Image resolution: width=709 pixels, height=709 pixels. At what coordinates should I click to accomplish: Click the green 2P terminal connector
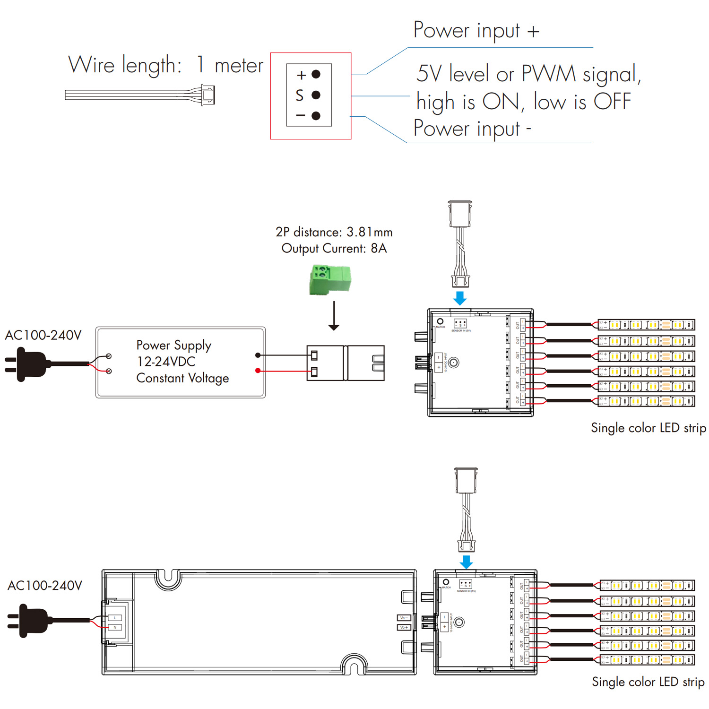pos(330,280)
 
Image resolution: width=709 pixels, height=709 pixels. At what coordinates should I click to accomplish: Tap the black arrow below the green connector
pos(334,316)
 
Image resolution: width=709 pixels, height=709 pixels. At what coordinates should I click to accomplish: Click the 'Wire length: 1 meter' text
pos(165,65)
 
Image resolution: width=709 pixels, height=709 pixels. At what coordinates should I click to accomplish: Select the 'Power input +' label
pos(476,31)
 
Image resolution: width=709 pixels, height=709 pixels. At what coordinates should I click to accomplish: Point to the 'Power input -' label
pos(472,129)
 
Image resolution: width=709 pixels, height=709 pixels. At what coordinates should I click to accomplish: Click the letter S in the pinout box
pos(300,95)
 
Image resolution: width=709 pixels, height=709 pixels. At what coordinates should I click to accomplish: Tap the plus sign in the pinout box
pos(301,75)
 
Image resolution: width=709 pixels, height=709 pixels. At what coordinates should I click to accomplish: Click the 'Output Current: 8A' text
pos(334,249)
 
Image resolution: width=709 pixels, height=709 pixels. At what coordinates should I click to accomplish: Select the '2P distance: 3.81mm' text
pos(334,232)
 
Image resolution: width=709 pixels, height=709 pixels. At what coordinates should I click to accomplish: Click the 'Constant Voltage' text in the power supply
pos(182,378)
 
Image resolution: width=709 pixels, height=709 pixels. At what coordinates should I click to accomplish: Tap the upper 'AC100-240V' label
pos(43,335)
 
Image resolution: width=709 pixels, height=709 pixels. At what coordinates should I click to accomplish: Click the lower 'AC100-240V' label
pos(45,586)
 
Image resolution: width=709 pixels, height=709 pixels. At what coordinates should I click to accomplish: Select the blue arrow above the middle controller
pos(459,298)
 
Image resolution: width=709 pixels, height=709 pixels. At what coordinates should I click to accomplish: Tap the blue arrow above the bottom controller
pos(466,562)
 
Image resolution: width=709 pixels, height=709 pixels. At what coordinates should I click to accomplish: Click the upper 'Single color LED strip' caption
pos(648,428)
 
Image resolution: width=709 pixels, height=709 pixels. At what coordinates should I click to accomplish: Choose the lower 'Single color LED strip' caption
pos(648,682)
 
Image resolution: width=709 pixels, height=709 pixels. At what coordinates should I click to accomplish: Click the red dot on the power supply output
pos(258,371)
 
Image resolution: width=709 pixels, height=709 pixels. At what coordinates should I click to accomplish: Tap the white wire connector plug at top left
pos(208,95)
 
